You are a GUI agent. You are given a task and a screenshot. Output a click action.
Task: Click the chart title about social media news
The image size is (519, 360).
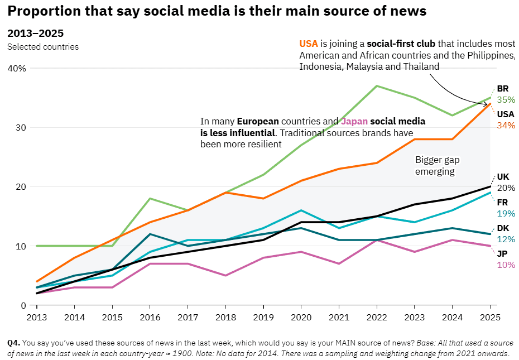tap(217, 11)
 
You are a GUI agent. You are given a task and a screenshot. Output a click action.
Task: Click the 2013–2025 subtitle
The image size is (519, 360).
tap(35, 33)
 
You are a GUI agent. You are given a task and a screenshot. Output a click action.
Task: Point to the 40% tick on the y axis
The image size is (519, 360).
tap(16, 68)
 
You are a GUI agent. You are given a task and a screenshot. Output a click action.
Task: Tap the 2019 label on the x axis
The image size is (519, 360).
tap(263, 316)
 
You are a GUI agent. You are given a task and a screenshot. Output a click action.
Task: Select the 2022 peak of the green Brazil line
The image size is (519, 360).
tap(377, 86)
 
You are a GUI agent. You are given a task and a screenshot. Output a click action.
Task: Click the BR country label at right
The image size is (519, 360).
tap(502, 89)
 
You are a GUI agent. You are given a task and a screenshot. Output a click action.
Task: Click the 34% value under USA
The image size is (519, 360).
tap(506, 126)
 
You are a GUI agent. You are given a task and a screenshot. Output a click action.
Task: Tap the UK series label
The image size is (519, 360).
tap(503, 177)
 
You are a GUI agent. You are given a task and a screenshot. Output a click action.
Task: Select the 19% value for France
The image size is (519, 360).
tap(506, 213)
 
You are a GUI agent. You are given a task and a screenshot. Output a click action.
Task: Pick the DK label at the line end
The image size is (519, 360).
tap(503, 228)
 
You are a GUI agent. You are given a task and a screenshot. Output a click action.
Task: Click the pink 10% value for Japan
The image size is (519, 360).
tap(506, 265)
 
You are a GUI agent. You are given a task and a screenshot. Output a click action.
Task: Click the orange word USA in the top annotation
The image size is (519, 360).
tap(309, 44)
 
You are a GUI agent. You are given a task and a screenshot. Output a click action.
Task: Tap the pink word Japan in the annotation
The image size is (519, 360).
tap(354, 121)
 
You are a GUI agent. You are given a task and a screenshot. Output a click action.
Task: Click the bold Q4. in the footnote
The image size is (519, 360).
tap(13, 342)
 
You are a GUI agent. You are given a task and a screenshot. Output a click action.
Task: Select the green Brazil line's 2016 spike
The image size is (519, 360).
tap(150, 199)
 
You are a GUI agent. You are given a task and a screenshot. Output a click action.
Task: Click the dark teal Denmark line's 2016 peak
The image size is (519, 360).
tap(150, 234)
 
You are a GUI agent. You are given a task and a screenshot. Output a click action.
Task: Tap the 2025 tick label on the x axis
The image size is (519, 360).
tap(489, 316)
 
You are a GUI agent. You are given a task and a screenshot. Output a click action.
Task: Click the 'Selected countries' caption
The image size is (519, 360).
tap(43, 47)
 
